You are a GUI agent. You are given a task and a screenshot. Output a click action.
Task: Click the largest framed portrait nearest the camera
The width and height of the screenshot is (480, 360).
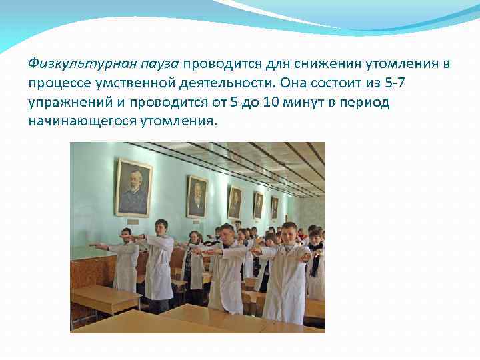tap(133, 187)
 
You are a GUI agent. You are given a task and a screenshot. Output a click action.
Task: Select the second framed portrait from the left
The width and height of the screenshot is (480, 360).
tap(197, 196)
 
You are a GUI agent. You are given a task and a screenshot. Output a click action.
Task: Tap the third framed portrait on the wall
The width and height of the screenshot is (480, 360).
tap(235, 203)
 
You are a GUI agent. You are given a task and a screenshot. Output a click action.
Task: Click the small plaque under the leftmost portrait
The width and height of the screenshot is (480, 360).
tap(133, 221)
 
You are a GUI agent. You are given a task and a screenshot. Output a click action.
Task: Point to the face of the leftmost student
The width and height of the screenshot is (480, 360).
tap(126, 234)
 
